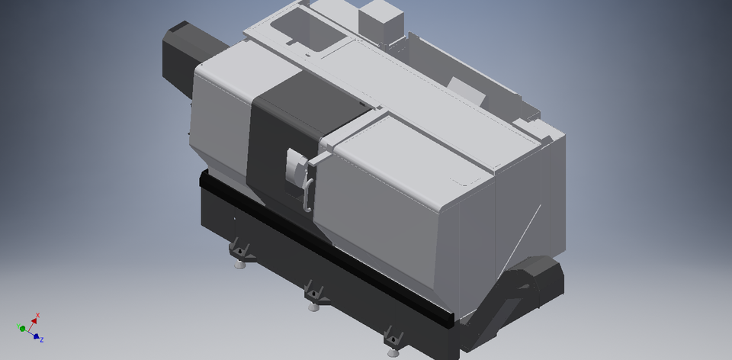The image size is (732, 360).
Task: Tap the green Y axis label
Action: tap(18, 326)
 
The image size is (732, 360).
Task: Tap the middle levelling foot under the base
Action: tap(313, 307)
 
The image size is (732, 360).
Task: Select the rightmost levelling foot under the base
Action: tap(393, 352)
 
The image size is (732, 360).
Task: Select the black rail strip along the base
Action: tap(320, 244)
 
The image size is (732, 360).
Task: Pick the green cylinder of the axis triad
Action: tap(23, 329)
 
